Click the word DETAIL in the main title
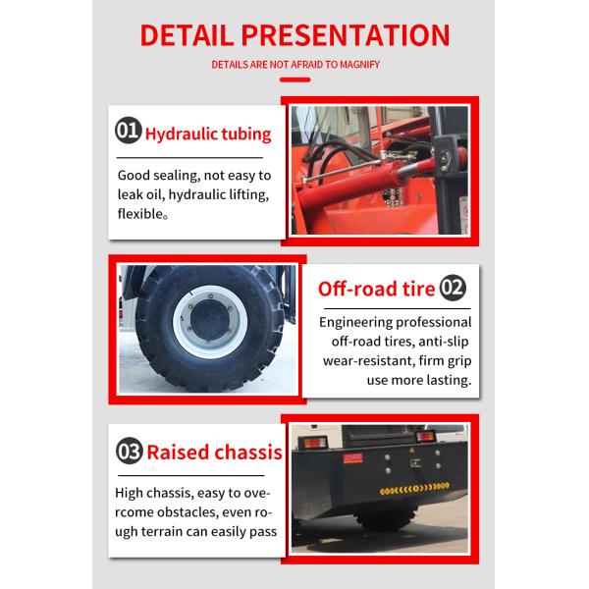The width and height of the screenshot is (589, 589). (x=187, y=35)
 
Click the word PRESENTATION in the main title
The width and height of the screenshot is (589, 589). (x=346, y=35)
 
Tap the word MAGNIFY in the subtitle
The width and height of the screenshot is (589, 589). (x=359, y=65)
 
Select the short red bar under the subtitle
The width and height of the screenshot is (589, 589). (x=294, y=80)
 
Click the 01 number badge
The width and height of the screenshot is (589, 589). (x=129, y=131)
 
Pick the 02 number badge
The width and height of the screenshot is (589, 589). (x=453, y=288)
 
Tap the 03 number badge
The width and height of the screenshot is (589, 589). (x=130, y=451)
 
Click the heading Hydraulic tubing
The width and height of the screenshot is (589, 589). (x=208, y=134)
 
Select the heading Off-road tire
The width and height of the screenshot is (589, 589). (x=376, y=289)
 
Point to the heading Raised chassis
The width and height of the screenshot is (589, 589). (x=214, y=452)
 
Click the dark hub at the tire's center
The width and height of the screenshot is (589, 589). (x=210, y=320)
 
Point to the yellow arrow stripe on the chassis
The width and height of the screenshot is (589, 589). (x=414, y=488)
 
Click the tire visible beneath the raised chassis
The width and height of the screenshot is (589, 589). (x=386, y=518)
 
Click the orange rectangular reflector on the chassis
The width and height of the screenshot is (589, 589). (x=352, y=458)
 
